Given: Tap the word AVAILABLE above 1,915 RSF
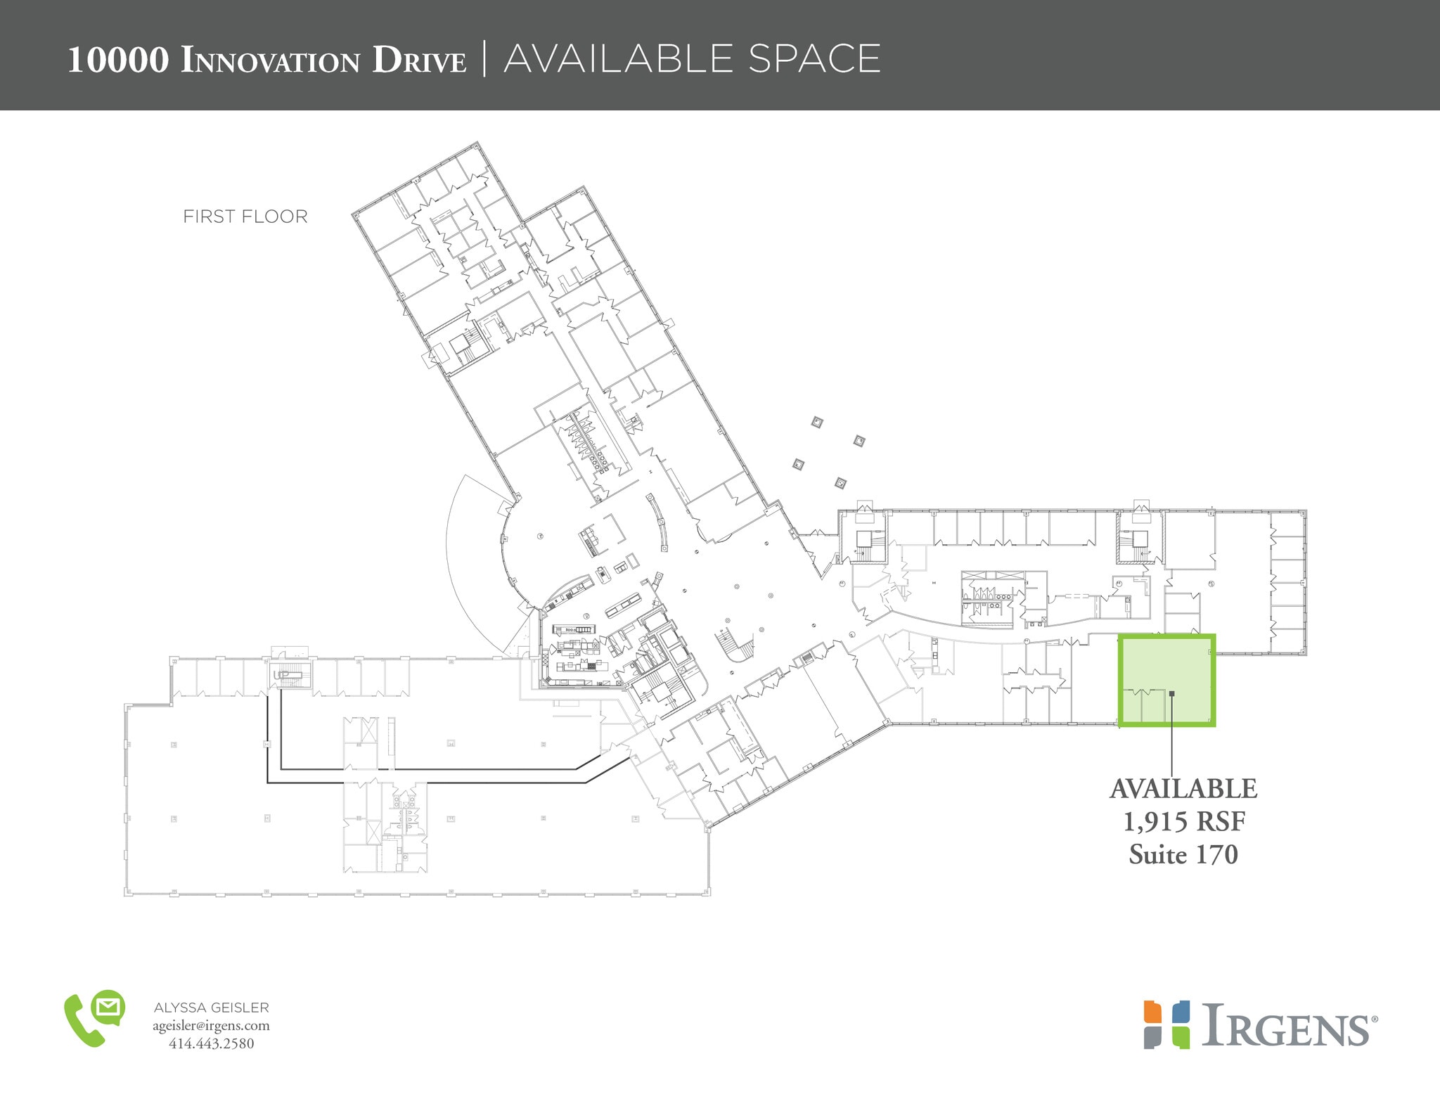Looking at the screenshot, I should tap(1183, 789).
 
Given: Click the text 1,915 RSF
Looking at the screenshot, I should tap(1183, 821).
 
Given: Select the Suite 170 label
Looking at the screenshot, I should tap(1183, 854).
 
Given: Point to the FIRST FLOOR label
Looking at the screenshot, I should tap(245, 217).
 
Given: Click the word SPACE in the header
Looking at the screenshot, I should tap(814, 58).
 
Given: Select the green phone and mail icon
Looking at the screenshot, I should tap(94, 1019).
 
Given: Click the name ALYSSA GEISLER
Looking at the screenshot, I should tap(211, 1008).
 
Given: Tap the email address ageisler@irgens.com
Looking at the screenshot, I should tap(211, 1026).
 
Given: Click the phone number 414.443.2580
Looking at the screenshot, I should tap(211, 1043).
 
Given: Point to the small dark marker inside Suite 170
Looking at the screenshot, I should tap(1171, 694).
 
